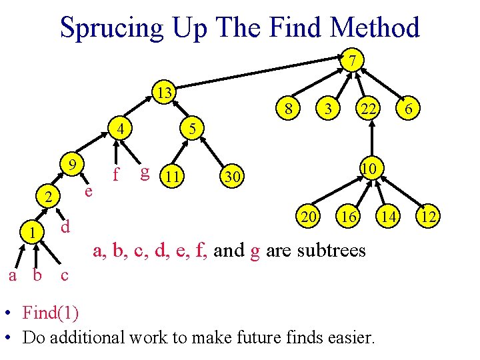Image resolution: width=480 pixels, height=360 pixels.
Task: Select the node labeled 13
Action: tap(163, 92)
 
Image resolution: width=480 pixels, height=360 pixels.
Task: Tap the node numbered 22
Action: tap(367, 108)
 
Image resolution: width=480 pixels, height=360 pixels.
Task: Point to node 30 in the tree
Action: tap(231, 177)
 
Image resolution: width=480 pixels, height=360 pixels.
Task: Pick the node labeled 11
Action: tap(173, 177)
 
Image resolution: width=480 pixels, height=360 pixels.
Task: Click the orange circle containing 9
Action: tap(75, 163)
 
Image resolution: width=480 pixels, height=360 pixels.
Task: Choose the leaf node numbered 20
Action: tap(309, 216)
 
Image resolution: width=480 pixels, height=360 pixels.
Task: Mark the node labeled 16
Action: tap(347, 216)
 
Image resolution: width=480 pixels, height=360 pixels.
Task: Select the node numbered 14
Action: tap(388, 216)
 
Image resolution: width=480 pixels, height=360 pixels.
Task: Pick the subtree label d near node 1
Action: tap(65, 227)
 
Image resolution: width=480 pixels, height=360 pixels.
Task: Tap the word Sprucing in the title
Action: tap(111, 28)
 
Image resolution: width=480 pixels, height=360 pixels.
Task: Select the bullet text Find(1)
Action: tap(50, 312)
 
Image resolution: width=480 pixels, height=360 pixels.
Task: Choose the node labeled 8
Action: tap(287, 108)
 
